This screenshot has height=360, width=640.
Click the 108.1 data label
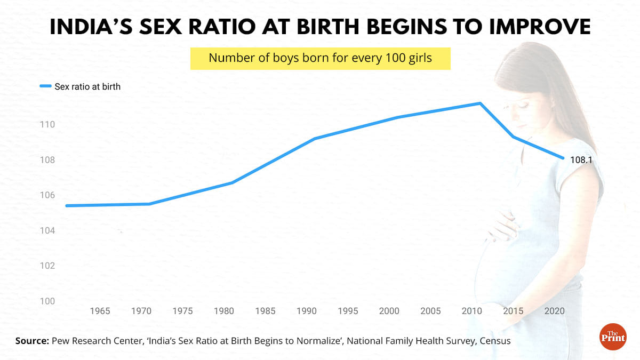[x=581, y=159]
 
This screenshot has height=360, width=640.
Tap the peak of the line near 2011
[x=480, y=103]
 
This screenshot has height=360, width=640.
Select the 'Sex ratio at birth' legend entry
[x=80, y=86]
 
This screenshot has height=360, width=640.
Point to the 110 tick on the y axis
[x=48, y=125]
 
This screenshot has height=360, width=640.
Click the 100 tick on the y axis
[x=48, y=301]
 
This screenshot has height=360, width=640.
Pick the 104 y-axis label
[x=48, y=231]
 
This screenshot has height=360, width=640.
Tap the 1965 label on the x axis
[x=100, y=311]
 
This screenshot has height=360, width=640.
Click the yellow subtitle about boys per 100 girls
[x=320, y=58]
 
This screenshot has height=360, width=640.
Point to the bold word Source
[x=31, y=340]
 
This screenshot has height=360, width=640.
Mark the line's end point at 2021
[x=563, y=158]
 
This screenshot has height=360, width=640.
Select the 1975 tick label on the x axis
[x=182, y=311]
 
